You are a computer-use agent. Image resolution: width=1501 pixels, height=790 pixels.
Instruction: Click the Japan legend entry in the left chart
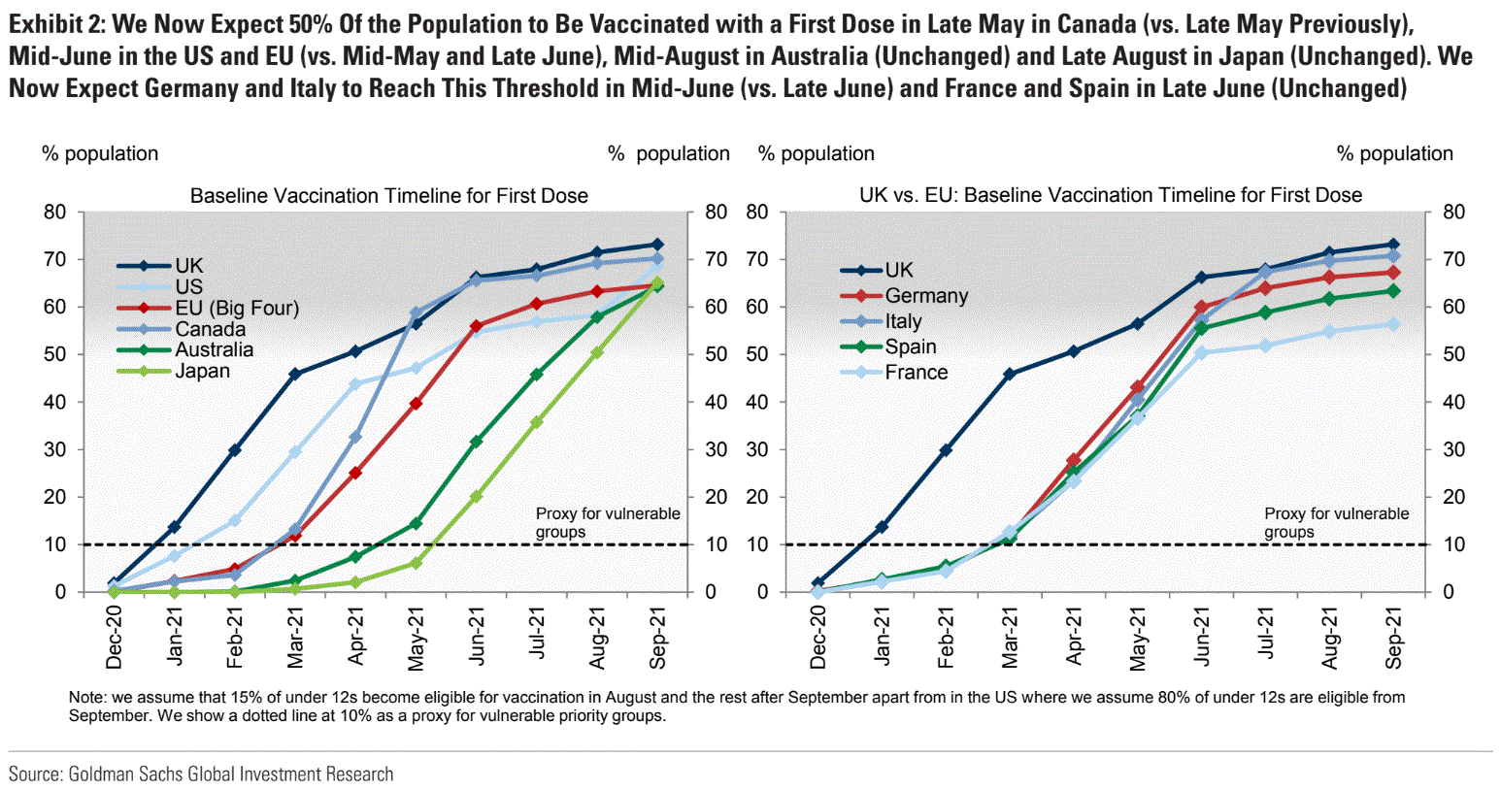point(202,371)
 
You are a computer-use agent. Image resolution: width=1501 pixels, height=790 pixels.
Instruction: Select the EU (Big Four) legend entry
point(236,308)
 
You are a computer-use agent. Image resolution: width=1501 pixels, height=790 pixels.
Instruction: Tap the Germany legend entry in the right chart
point(925,295)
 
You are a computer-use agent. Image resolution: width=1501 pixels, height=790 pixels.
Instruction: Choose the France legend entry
point(916,372)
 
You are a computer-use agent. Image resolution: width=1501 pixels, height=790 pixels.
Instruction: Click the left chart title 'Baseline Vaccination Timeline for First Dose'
point(388,195)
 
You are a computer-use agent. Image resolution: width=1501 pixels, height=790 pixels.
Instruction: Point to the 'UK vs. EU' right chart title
point(1110,195)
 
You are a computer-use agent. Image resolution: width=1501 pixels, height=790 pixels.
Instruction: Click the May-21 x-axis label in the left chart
point(416,640)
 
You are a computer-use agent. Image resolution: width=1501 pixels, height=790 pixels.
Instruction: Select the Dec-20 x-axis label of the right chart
point(817,638)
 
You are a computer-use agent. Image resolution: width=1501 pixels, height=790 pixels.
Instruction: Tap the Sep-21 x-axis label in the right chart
point(1393,638)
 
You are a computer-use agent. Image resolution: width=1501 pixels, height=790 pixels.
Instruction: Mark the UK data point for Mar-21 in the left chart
point(295,374)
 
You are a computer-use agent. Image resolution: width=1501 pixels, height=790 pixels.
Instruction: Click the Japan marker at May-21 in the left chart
point(416,563)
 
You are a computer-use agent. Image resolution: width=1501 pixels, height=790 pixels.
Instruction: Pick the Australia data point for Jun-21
point(476,442)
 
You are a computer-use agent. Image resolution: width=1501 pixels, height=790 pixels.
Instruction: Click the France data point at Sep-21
point(1393,324)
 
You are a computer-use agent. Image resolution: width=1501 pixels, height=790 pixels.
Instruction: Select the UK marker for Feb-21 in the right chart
point(945,450)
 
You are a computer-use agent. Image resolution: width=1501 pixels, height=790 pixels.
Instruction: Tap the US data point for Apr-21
point(355,384)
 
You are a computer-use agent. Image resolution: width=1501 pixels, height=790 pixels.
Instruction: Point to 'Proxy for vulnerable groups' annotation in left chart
point(607,522)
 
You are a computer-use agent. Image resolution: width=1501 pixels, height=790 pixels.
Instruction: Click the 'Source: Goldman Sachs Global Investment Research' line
point(201,774)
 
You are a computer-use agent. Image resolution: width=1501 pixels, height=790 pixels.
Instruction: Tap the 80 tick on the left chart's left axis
point(54,212)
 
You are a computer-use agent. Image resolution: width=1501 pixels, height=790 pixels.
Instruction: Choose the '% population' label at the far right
point(1394,153)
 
